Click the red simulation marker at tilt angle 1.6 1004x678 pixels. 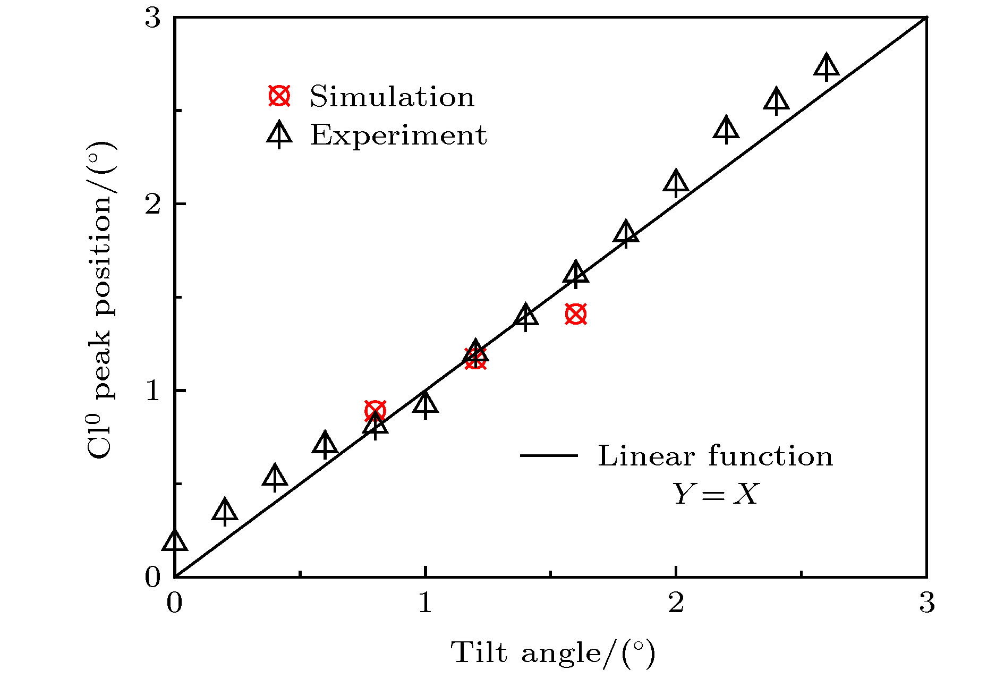click(x=576, y=314)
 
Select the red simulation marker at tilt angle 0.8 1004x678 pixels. click(x=375, y=411)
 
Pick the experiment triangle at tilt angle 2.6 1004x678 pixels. click(x=827, y=67)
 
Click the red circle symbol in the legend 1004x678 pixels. click(x=279, y=96)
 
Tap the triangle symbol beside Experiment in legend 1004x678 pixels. click(x=279, y=134)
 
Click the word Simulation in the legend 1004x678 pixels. click(x=392, y=97)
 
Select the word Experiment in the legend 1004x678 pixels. click(x=398, y=135)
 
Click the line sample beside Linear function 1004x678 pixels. click(x=549, y=455)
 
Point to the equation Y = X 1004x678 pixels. click(x=716, y=494)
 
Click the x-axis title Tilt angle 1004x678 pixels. click(x=552, y=652)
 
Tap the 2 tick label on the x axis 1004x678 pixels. click(x=676, y=604)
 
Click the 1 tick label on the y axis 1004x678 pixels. click(x=152, y=391)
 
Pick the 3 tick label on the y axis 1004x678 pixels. click(x=152, y=19)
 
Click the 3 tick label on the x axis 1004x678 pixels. click(x=926, y=604)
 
